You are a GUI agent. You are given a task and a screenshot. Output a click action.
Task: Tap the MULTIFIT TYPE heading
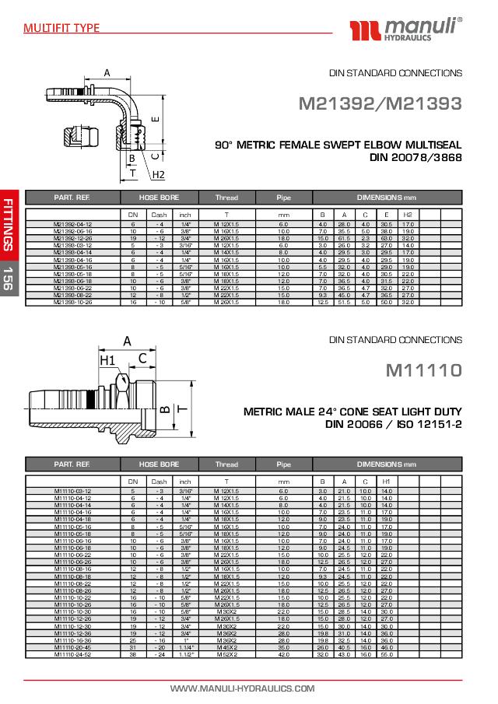coord(61,29)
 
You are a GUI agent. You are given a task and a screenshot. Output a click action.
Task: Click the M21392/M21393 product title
coord(381,103)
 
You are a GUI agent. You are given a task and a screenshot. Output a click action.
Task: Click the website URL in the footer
coord(243,688)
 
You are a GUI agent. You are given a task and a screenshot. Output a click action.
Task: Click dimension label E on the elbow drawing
coord(155,119)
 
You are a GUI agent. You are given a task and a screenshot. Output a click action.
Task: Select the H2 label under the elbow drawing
coord(158,174)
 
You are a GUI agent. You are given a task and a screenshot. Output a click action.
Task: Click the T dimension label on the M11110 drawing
coord(181,407)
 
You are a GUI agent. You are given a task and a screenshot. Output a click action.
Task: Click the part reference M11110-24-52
coord(72,653)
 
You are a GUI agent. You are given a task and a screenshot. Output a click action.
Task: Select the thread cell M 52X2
coord(226,653)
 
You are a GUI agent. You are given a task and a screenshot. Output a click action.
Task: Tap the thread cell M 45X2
coord(226,647)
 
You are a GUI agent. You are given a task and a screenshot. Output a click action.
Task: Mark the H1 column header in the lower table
coord(387,482)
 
